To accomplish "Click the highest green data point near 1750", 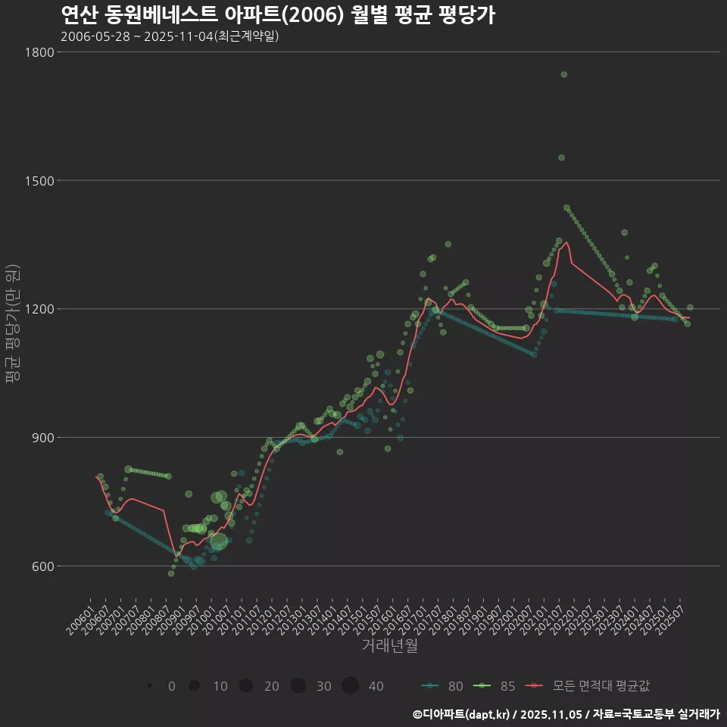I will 563,74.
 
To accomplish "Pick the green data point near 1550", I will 561,158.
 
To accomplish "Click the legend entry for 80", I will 442,686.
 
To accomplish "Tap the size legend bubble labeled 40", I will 350,686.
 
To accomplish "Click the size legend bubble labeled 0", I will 151,686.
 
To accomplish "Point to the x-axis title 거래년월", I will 389,646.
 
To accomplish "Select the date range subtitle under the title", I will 170,36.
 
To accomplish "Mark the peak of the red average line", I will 566,242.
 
